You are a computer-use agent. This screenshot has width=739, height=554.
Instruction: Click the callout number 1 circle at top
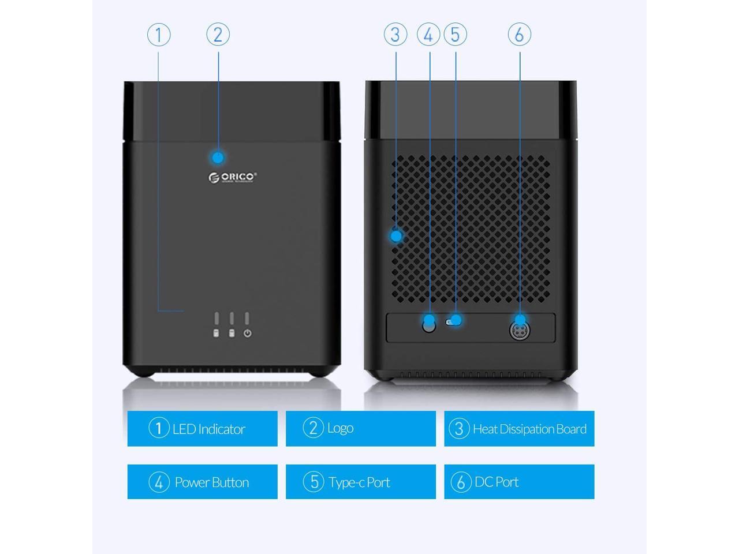point(159,35)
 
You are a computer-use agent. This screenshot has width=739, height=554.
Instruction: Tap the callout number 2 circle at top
point(218,35)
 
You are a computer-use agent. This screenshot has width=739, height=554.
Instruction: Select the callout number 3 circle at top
point(395,35)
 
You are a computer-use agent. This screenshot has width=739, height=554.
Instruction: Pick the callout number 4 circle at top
point(428,35)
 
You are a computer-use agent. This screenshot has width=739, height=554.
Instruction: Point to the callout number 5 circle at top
point(456,35)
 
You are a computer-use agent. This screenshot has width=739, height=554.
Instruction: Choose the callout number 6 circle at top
point(519,35)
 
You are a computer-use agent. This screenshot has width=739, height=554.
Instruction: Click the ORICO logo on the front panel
point(233,177)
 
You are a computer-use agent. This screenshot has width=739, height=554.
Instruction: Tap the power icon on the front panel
point(247,334)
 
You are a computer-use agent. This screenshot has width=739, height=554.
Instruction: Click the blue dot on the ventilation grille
point(396,235)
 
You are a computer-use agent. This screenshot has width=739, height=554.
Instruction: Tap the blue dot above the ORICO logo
point(218,158)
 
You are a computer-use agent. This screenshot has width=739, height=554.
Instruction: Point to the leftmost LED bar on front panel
point(217,319)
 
